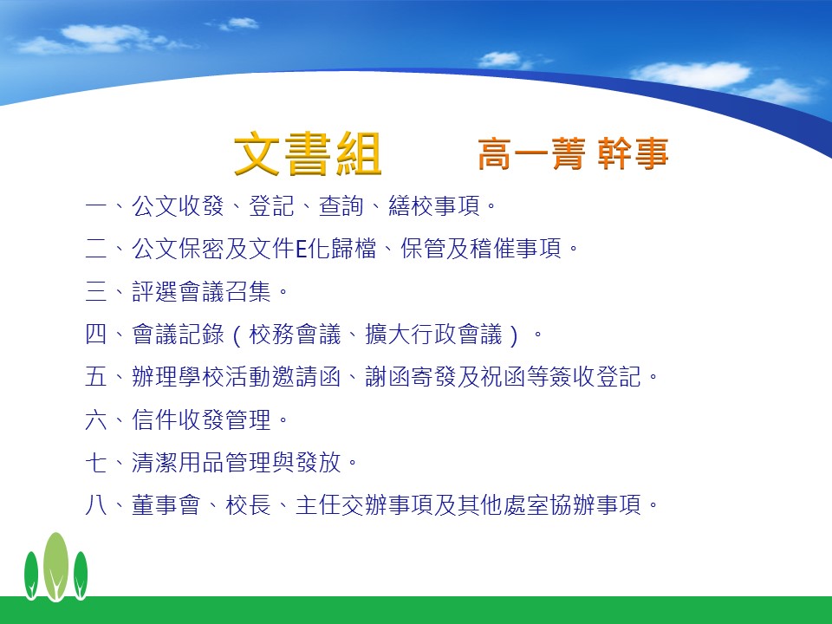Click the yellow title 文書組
click(308, 154)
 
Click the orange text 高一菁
click(531, 154)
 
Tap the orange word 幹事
click(633, 154)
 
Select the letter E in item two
click(301, 249)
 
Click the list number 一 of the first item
click(96, 206)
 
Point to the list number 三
click(96, 291)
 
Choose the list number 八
click(96, 505)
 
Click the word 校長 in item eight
click(249, 505)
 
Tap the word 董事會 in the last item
click(166, 505)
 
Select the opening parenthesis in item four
click(236, 335)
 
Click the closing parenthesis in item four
click(513, 335)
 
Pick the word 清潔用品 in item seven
click(178, 462)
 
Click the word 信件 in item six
click(154, 419)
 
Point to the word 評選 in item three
click(154, 291)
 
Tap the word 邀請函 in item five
click(306, 377)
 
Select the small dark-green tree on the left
click(31, 575)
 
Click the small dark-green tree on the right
click(81, 575)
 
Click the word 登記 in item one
click(271, 206)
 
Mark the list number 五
click(96, 377)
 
